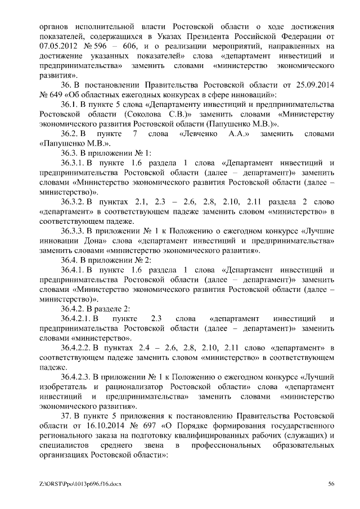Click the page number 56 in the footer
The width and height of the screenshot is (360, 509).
pos(332,484)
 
